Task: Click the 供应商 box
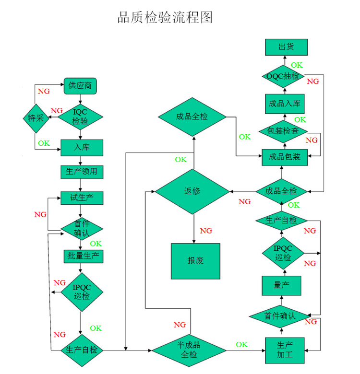pyautogui.click(x=80, y=86)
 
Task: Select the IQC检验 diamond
pyautogui.click(x=80, y=117)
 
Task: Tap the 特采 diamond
pyautogui.click(x=36, y=118)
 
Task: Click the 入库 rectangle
pyautogui.click(x=82, y=147)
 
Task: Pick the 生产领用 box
pyautogui.click(x=82, y=171)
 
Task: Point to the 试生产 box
pyautogui.click(x=82, y=198)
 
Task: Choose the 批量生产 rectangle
pyautogui.click(x=82, y=256)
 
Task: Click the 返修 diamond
pyautogui.click(x=192, y=191)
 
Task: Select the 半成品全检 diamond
pyautogui.click(x=189, y=350)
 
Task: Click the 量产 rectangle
pyautogui.click(x=281, y=286)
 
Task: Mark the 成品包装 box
pyautogui.click(x=285, y=157)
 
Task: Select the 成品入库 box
pyautogui.click(x=285, y=104)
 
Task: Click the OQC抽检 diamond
pyautogui.click(x=283, y=76)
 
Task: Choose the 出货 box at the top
pyautogui.click(x=286, y=47)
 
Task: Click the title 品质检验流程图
pyautogui.click(x=165, y=18)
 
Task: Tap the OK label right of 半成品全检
pyautogui.click(x=241, y=345)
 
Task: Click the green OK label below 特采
pyautogui.click(x=44, y=143)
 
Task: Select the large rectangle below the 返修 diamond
pyautogui.click(x=195, y=261)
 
